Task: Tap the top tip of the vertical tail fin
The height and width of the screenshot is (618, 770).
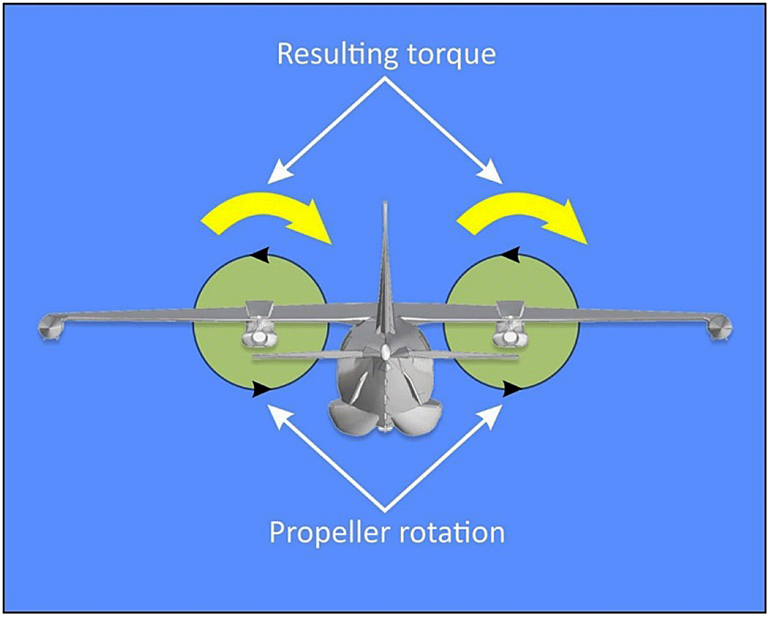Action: (386, 207)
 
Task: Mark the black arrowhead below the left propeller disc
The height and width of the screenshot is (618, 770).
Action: (260, 389)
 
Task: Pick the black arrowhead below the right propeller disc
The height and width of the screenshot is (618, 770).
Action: (512, 389)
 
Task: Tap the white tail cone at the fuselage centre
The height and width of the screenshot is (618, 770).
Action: (385, 353)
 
